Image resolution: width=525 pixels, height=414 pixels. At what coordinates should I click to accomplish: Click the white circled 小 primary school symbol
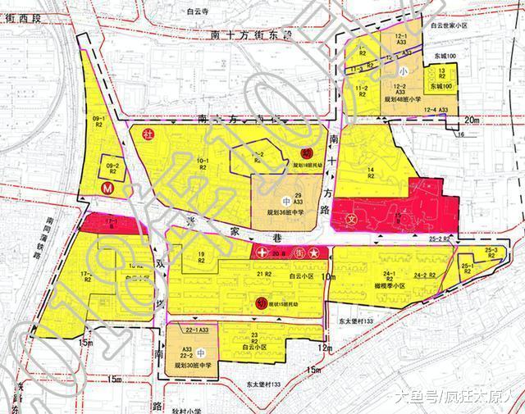403,71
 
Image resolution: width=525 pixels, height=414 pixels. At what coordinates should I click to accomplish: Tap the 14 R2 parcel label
371,173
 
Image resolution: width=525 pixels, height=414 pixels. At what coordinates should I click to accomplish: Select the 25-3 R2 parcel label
491,252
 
